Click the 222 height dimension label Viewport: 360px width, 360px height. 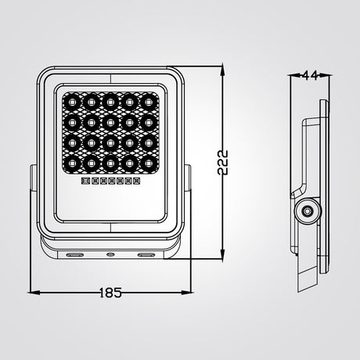pyautogui.click(x=222, y=162)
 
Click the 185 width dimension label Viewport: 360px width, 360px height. pyautogui.click(x=110, y=293)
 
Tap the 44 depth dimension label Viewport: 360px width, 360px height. pyautogui.click(x=310, y=76)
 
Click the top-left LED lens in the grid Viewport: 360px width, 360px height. pyautogui.click(x=72, y=102)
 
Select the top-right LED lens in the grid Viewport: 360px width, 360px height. pyautogui.click(x=149, y=102)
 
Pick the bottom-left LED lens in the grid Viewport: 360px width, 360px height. pyautogui.click(x=72, y=164)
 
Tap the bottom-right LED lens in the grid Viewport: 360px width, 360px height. pyautogui.click(x=149, y=164)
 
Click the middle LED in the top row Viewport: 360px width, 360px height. pyautogui.click(x=110, y=102)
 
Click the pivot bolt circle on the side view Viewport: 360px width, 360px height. pyautogui.click(x=308, y=211)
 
